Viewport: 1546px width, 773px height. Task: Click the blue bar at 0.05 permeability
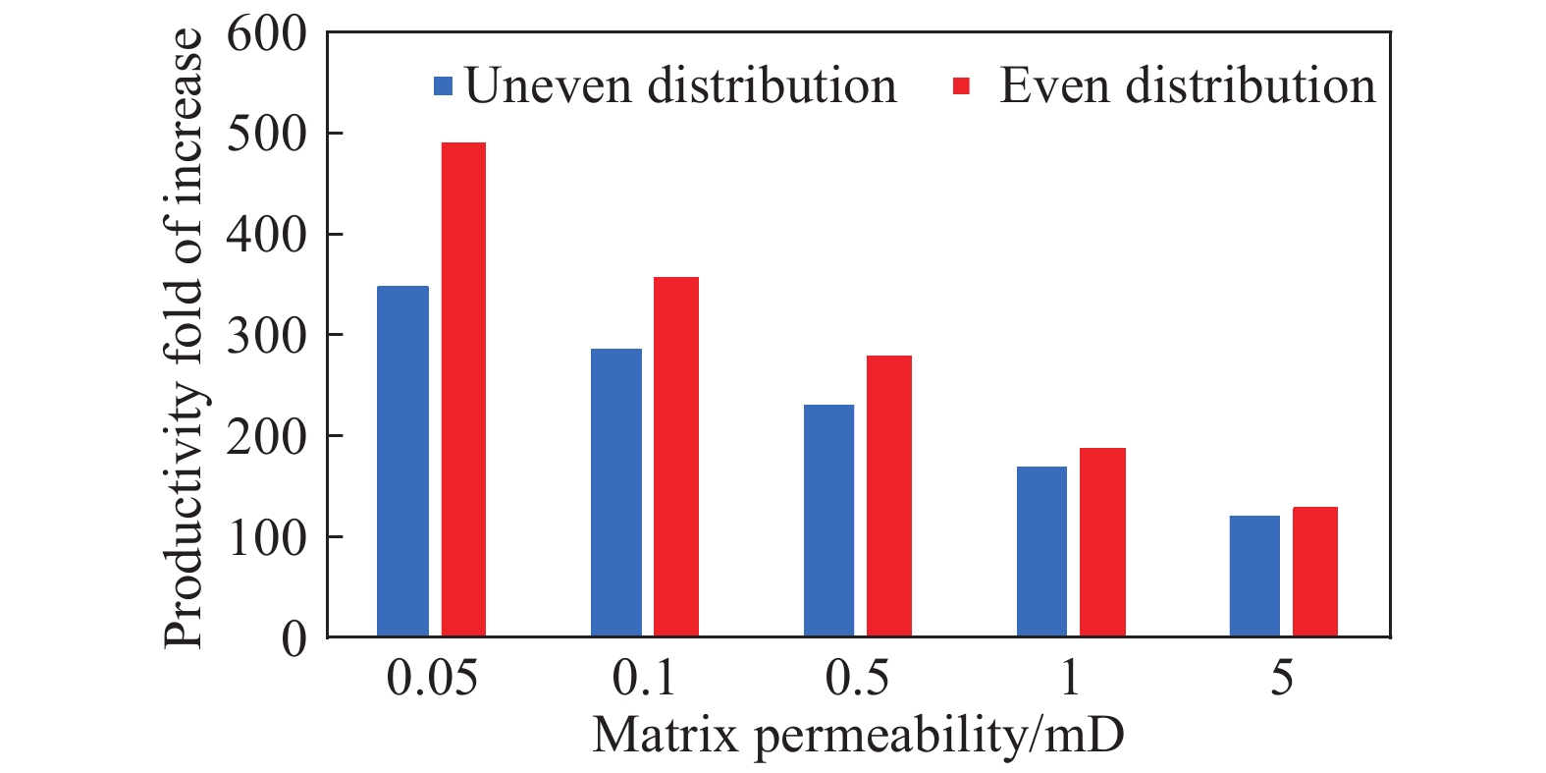(x=402, y=462)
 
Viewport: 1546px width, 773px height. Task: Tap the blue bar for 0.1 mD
(x=615, y=493)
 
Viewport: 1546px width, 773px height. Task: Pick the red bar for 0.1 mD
(x=676, y=457)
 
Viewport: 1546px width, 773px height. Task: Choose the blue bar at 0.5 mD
(x=828, y=521)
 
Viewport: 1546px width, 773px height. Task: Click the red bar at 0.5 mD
(x=889, y=496)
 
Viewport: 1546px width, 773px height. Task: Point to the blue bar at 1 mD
(x=1041, y=551)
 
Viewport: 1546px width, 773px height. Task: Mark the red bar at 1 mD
(x=1102, y=542)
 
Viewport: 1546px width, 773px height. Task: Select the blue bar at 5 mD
(x=1254, y=576)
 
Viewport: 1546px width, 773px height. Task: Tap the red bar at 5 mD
(x=1315, y=572)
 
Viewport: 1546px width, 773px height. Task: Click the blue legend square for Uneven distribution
(x=444, y=86)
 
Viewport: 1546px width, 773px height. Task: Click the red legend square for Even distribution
(x=962, y=86)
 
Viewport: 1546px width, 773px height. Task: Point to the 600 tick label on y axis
(x=266, y=35)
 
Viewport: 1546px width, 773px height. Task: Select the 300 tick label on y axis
(x=266, y=336)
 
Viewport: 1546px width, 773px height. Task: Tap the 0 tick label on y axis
(x=293, y=639)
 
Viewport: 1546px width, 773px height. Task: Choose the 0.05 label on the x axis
(x=432, y=679)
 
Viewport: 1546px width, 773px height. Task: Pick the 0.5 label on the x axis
(x=857, y=679)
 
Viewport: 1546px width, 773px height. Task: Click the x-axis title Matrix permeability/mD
(x=858, y=735)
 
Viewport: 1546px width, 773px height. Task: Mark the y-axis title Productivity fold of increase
(x=184, y=339)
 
